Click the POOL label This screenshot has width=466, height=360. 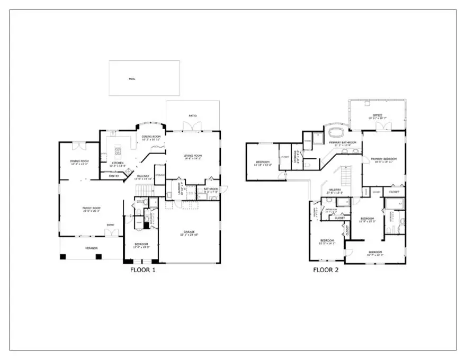[x=132, y=79]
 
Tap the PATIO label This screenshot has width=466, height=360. [x=193, y=115]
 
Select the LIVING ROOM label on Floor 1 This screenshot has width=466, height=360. [x=193, y=155]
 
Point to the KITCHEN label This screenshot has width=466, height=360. [x=117, y=164]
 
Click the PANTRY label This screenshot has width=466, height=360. [x=114, y=176]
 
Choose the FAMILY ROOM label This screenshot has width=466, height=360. [x=91, y=208]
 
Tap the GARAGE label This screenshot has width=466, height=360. [x=190, y=232]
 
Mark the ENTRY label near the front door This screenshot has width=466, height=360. [x=110, y=225]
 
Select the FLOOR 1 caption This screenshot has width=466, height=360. [x=142, y=269]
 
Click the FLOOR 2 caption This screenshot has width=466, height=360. [x=325, y=269]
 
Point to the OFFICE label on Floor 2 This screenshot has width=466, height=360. [x=378, y=115]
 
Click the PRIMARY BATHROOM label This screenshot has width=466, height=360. [x=342, y=142]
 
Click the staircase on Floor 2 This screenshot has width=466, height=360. [x=345, y=174]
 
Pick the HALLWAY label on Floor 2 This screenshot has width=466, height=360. [x=335, y=190]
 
